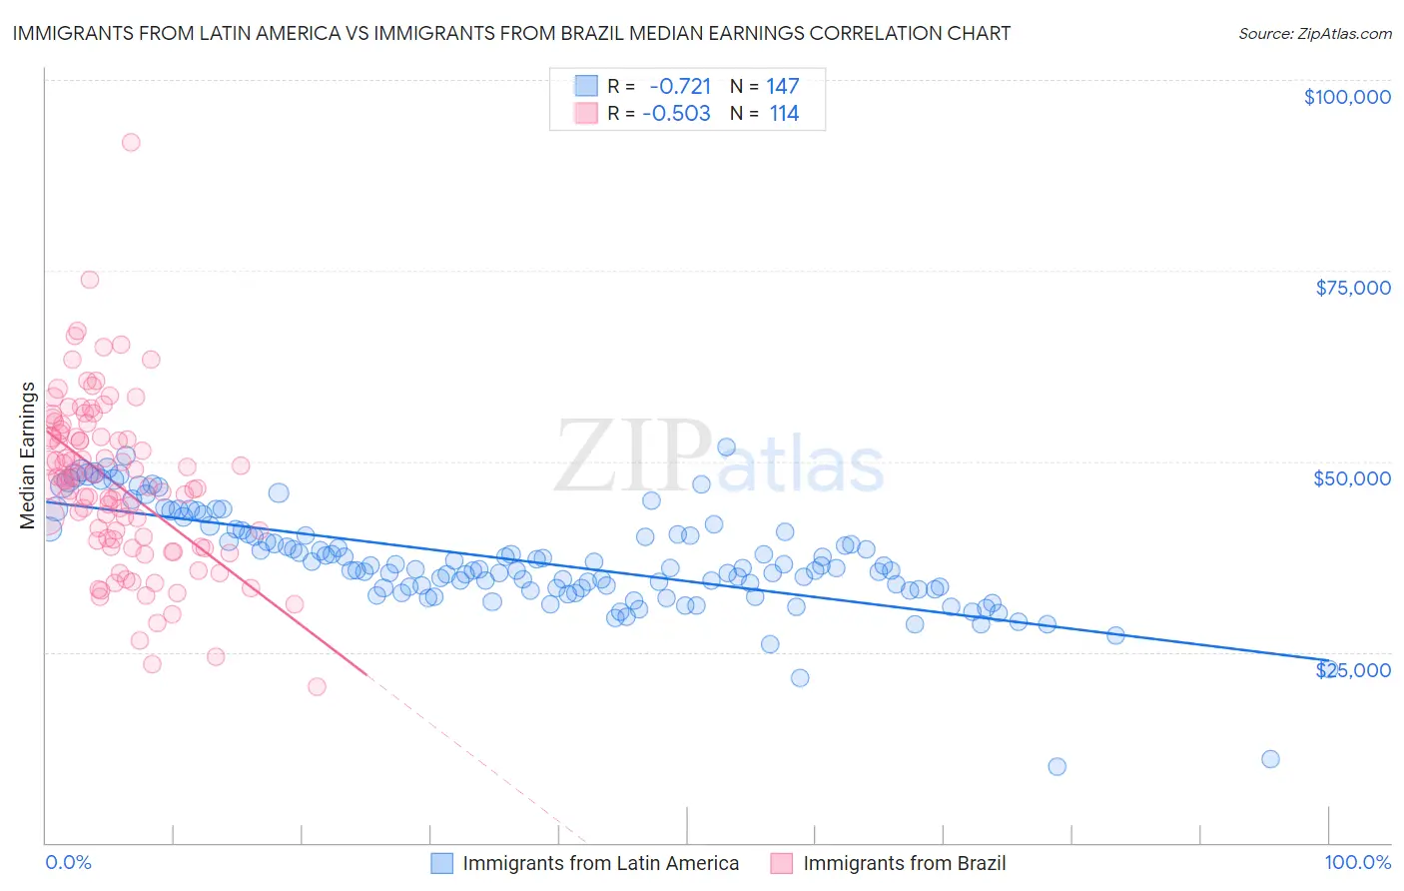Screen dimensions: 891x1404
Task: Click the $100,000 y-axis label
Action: click(x=1346, y=97)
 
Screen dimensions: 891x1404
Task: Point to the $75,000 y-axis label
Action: click(x=1352, y=288)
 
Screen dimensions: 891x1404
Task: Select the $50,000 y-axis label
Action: click(x=1351, y=478)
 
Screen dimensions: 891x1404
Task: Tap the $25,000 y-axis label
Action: click(x=1352, y=670)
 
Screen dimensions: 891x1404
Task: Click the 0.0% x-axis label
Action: click(x=68, y=863)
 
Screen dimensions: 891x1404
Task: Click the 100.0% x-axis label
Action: click(x=1357, y=863)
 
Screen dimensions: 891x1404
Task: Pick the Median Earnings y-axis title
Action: click(x=28, y=454)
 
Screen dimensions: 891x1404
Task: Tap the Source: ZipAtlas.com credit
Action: click(x=1314, y=33)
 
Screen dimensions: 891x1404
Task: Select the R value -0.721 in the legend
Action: click(x=679, y=86)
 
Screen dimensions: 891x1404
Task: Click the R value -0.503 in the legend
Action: click(x=676, y=114)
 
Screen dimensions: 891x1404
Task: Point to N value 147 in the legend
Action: click(x=782, y=86)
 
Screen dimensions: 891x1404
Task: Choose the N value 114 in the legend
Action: click(x=784, y=114)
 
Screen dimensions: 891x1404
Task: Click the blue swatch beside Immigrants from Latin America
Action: click(x=442, y=863)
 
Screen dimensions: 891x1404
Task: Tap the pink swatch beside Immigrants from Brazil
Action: click(x=782, y=863)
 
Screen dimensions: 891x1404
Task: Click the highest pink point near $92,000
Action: click(x=131, y=142)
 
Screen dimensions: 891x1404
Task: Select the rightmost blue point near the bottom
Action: click(x=1270, y=759)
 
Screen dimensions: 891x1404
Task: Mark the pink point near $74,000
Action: click(x=90, y=280)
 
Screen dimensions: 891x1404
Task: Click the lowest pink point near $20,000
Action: click(x=317, y=686)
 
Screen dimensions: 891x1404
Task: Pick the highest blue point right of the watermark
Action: click(x=726, y=447)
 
